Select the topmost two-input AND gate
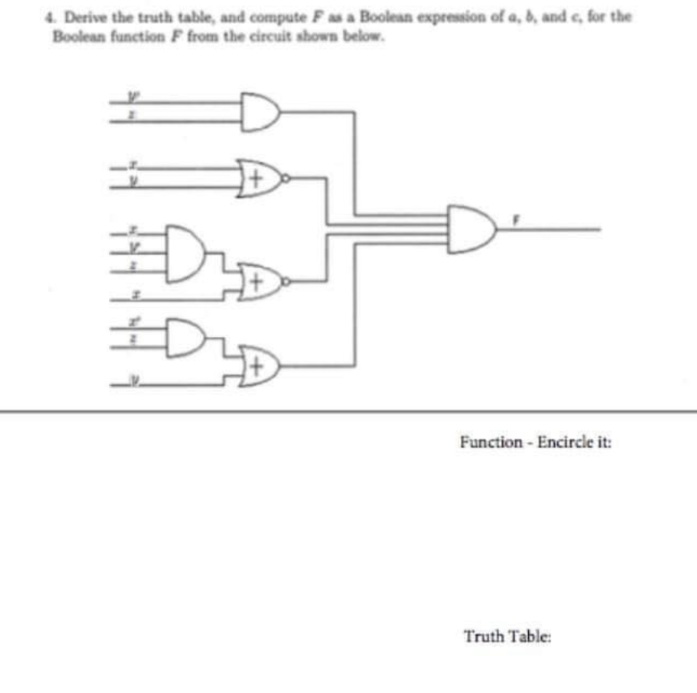pyautogui.click(x=259, y=112)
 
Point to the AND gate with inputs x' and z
pyautogui.click(x=185, y=337)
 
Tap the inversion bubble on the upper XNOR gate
pyautogui.click(x=286, y=179)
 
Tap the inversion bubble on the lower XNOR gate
pyautogui.click(x=286, y=280)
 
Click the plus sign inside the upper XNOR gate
pyautogui.click(x=255, y=180)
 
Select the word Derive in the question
pyautogui.click(x=80, y=15)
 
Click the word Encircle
pyautogui.click(x=566, y=442)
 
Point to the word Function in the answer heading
pyautogui.click(x=491, y=442)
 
